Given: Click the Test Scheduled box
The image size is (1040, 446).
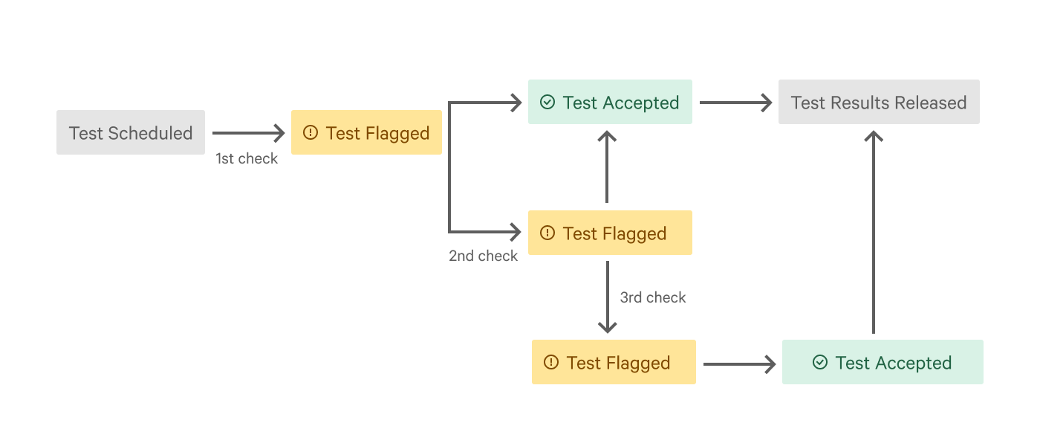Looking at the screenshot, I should click(x=131, y=132).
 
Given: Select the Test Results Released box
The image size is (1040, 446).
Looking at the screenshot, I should click(x=879, y=102).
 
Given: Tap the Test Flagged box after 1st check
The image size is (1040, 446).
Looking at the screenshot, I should click(x=366, y=132).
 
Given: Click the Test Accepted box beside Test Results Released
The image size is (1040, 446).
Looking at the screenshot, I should click(x=610, y=102).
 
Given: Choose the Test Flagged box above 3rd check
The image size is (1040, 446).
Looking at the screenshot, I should click(x=610, y=233).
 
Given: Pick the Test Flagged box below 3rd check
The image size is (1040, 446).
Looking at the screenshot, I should click(x=614, y=362).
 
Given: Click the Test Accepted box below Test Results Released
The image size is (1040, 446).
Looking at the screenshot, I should click(x=883, y=362).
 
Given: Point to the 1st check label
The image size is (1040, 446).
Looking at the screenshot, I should click(x=247, y=158).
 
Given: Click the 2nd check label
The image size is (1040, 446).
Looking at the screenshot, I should click(x=483, y=256).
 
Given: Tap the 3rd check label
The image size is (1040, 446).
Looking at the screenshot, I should click(x=653, y=297).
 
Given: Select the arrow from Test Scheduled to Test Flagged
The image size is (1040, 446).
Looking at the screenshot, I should click(x=248, y=133).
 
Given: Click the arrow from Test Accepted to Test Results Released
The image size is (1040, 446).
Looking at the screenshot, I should click(x=735, y=103).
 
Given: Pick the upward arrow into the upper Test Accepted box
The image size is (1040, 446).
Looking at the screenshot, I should click(x=608, y=167).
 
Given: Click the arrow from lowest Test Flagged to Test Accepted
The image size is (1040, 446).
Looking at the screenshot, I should click(x=738, y=364).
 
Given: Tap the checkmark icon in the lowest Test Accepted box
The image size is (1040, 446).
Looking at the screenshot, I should click(x=820, y=362).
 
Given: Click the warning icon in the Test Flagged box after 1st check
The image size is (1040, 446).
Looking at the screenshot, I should click(x=311, y=132).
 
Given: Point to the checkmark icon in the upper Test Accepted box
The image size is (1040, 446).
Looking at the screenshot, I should click(x=547, y=102).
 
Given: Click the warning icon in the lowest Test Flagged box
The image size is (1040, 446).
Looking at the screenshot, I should click(x=550, y=362).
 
